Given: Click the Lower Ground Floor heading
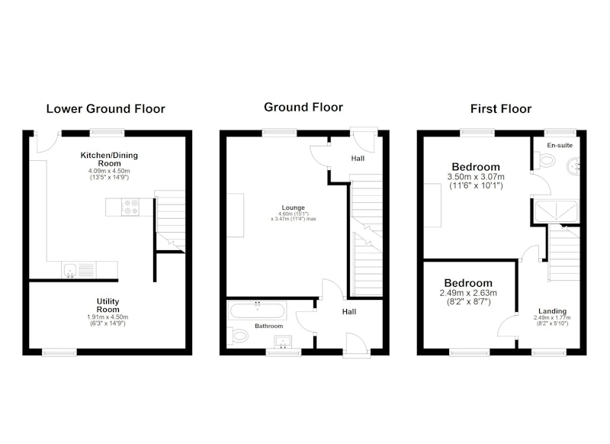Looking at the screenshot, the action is point(106,108).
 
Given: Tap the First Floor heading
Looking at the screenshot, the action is point(501,108).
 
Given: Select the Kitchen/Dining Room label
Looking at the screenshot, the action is point(109,159).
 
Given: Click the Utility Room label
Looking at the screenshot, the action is point(108,305).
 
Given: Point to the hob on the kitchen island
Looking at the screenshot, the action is point(130,207).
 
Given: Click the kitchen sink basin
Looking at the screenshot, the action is point(69,269).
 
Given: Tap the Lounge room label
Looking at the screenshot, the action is point(294,208).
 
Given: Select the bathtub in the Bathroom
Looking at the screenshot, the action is point(257,311).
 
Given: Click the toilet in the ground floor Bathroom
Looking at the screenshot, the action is point(237,336).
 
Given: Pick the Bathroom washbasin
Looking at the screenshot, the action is point(283,342).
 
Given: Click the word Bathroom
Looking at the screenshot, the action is point(269,326).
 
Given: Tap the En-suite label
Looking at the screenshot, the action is point(560,145).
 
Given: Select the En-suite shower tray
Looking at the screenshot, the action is point(557,211).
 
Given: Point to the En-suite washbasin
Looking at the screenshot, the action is point(573,166).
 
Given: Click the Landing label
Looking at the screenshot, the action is point(552,311).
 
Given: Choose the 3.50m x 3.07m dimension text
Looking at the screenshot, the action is point(476,177).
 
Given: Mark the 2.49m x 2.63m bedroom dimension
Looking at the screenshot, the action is point(468,293).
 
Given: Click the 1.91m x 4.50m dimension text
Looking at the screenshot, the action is point(108,317).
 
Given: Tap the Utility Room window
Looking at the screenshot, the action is point(59,352).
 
